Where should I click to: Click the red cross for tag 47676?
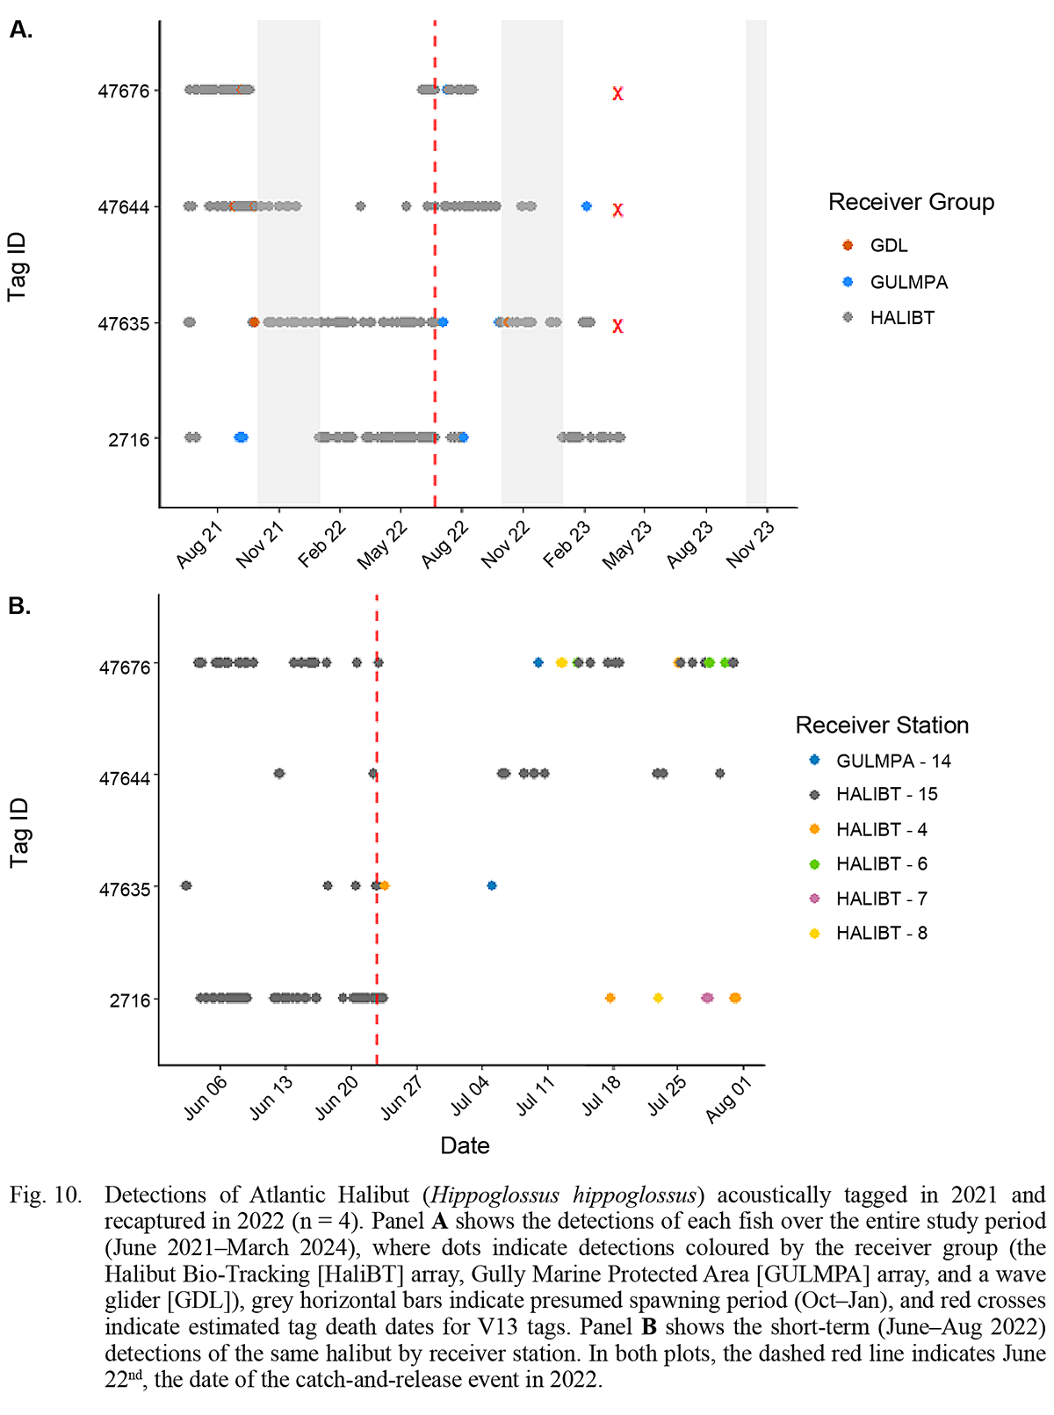pyautogui.click(x=618, y=93)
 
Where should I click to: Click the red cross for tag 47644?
pyautogui.click(x=618, y=210)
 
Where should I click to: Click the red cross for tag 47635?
pyautogui.click(x=618, y=326)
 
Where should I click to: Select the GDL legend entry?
pyautogui.click(x=888, y=246)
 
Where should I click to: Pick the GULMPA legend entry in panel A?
pyautogui.click(x=908, y=282)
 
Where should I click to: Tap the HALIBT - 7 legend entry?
pyautogui.click(x=881, y=899)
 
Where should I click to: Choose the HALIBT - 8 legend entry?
pyautogui.click(x=881, y=933)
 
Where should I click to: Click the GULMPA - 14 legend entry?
pyautogui.click(x=892, y=761)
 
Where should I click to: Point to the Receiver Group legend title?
pyautogui.click(x=911, y=202)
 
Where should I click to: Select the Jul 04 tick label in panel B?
pyautogui.click(x=470, y=1098)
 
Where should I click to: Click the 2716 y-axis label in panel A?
pyautogui.click(x=128, y=440)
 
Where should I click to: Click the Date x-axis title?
pyautogui.click(x=465, y=1145)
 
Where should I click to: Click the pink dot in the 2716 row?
pyautogui.click(x=708, y=998)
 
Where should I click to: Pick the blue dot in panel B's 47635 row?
pyautogui.click(x=492, y=885)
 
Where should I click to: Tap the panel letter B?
pyautogui.click(x=18, y=606)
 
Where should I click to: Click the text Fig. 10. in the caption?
pyautogui.click(x=45, y=1195)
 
